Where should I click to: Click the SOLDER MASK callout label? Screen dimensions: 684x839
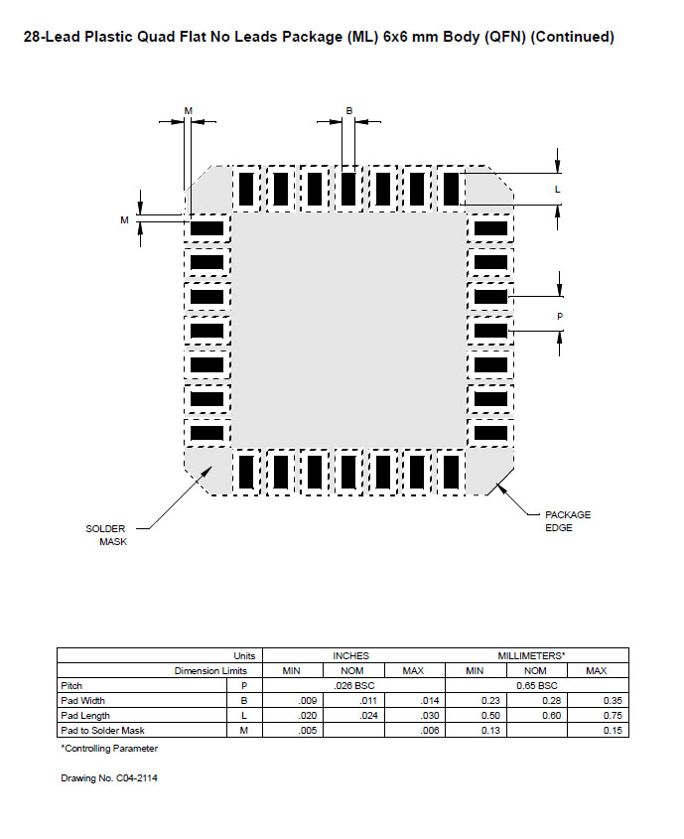click(106, 535)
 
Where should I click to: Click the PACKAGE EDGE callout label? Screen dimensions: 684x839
click(568, 521)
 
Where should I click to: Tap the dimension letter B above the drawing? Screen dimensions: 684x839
click(349, 111)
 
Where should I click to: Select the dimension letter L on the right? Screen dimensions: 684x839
click(557, 190)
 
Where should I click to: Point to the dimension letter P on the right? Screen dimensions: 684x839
click(559, 316)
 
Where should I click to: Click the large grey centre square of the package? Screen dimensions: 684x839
click(348, 331)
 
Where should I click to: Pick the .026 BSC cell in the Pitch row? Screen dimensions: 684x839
click(354, 685)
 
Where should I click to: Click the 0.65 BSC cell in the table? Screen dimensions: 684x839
click(537, 685)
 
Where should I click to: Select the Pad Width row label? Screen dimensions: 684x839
click(82, 700)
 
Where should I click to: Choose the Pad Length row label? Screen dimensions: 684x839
click(85, 716)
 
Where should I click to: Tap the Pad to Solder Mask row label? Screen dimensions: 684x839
click(102, 731)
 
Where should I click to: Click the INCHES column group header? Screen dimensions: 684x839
click(350, 656)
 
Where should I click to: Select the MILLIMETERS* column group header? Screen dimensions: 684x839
click(531, 656)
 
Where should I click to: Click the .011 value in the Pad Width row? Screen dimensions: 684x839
click(368, 700)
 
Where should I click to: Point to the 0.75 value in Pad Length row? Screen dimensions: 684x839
click(613, 716)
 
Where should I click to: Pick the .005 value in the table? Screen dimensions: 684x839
click(308, 731)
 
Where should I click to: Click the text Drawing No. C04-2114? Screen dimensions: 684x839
click(109, 778)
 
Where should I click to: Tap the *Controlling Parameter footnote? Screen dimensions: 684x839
click(109, 749)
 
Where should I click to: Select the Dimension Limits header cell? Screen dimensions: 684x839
click(210, 671)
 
